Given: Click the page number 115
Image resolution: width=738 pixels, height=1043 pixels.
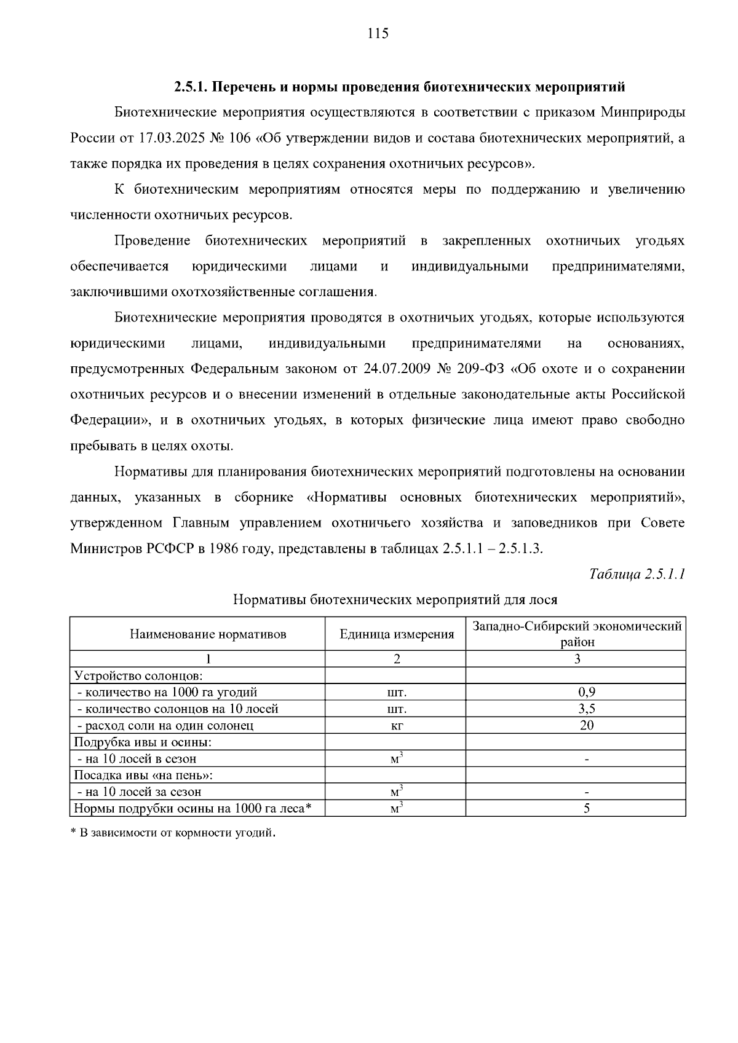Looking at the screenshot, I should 378,34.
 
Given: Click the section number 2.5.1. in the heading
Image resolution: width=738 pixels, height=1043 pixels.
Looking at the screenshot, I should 192,87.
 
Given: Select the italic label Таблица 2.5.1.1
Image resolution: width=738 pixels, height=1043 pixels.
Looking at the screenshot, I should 637,574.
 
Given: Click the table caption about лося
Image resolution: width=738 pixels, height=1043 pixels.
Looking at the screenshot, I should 395,599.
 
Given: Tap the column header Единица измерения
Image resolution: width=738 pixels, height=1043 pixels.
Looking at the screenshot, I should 396,634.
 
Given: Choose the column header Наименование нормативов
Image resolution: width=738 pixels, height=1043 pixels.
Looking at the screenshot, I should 208,634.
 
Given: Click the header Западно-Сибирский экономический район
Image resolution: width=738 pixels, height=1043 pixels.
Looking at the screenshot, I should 576,634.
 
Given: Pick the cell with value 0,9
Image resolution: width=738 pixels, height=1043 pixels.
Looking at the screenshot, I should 586,692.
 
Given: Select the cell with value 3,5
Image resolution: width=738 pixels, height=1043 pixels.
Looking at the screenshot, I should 586,709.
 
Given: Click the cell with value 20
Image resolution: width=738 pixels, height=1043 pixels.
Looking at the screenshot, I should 586,725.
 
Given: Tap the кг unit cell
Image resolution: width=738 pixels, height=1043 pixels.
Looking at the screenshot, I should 396,725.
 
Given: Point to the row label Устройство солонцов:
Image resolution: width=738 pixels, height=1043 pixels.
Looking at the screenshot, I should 134,675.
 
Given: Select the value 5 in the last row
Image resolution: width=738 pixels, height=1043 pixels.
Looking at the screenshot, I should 586,808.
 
